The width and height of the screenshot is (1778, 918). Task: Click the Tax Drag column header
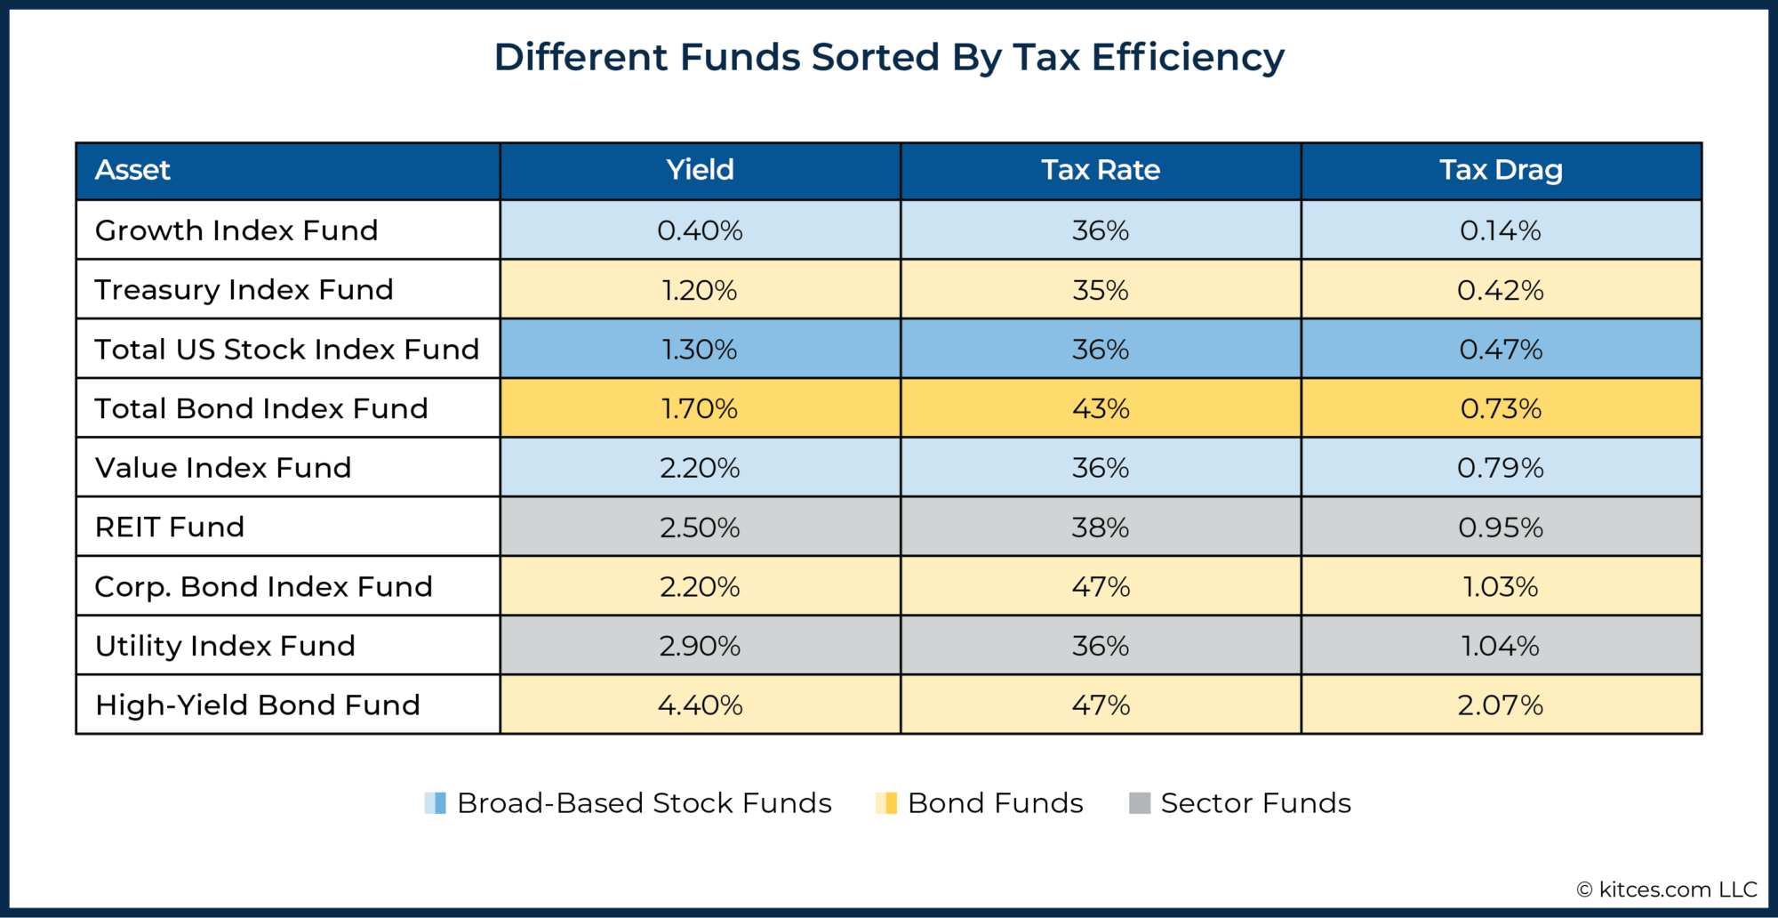[x=1501, y=170]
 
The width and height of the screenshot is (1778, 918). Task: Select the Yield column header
[x=700, y=170]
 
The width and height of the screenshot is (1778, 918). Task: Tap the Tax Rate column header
[x=1101, y=170]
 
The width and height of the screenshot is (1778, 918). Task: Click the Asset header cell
[x=132, y=170]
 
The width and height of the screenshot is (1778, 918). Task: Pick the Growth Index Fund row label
[x=236, y=230]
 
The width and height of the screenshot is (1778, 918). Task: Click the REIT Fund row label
[x=170, y=527]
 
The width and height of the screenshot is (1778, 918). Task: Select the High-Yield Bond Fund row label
[x=257, y=705]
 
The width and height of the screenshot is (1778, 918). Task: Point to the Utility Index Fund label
[x=225, y=646]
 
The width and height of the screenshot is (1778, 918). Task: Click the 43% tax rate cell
[x=1101, y=408]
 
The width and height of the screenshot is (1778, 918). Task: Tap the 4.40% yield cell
[x=700, y=705]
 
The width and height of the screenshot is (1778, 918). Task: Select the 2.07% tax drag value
[x=1501, y=705]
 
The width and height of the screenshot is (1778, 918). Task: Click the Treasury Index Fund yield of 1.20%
[x=700, y=290]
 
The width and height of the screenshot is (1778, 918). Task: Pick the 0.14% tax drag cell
[x=1501, y=230]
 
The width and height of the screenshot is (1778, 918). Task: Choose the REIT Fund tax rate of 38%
[x=1101, y=527]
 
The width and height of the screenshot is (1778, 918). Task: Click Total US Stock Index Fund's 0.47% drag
[x=1501, y=349]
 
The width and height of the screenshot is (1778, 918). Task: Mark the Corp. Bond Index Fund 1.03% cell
[x=1501, y=586]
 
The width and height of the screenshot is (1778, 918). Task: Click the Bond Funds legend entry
[x=994, y=803]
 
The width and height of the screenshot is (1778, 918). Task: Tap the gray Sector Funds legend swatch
[x=1139, y=803]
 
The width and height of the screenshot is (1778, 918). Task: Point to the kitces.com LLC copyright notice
[x=1667, y=890]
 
